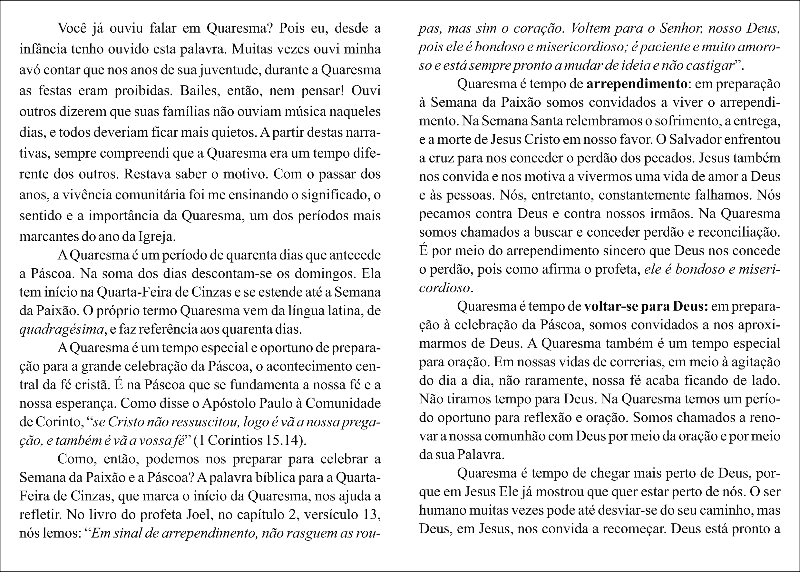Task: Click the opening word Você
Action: click(72, 28)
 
